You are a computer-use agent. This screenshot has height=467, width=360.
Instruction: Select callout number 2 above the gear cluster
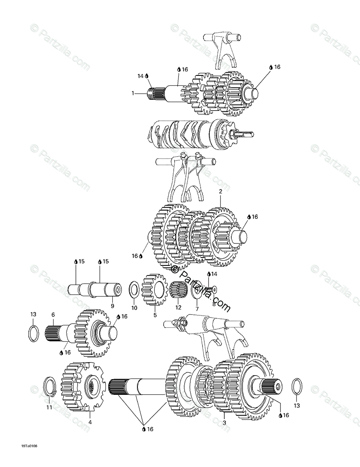pyautogui.click(x=220, y=192)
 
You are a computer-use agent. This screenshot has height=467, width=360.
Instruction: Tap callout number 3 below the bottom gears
pyautogui.click(x=224, y=422)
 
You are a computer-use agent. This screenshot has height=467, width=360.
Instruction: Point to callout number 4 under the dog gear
pyautogui.click(x=90, y=421)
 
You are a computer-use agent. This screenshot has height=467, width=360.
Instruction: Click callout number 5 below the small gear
pyautogui.click(x=155, y=315)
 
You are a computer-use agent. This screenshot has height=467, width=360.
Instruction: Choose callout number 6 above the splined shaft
pyautogui.click(x=53, y=315)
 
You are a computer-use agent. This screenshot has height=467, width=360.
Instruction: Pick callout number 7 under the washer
pyautogui.click(x=197, y=309)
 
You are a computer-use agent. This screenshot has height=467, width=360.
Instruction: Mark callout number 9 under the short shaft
pyautogui.click(x=112, y=306)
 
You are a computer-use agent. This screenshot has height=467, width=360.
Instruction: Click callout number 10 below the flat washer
pyautogui.click(x=134, y=308)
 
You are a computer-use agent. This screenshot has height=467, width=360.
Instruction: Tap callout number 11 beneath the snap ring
pyautogui.click(x=49, y=408)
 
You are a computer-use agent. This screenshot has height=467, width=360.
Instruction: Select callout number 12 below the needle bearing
pyautogui.click(x=178, y=308)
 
